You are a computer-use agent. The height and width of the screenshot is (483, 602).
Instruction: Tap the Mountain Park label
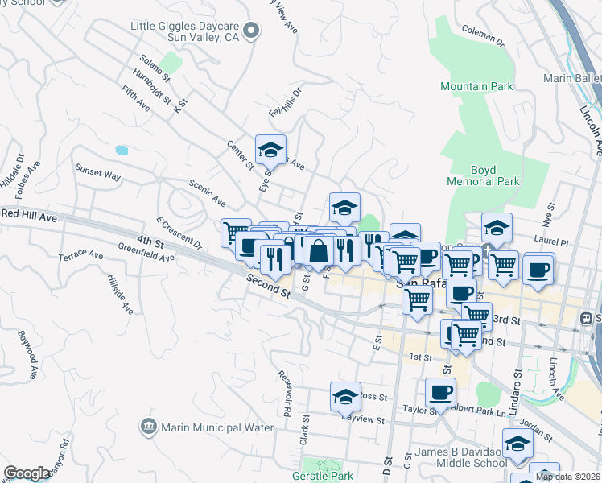[x=476, y=86]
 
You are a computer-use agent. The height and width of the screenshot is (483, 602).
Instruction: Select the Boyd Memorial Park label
[x=484, y=175]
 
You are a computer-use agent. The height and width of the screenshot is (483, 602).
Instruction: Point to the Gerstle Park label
[x=328, y=476]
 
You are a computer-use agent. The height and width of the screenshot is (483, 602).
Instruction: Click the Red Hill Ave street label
[x=30, y=217]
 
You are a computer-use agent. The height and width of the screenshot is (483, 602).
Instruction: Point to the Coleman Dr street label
[x=482, y=35]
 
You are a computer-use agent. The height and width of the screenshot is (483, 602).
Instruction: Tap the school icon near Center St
[x=271, y=149]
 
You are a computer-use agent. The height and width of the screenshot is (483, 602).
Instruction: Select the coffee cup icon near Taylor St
[x=440, y=392]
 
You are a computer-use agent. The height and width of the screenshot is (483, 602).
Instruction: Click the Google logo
[x=27, y=473]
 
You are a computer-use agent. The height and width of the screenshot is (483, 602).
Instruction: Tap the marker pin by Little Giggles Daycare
[x=252, y=31]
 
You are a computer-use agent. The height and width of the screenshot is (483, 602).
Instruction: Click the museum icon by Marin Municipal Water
[x=147, y=426]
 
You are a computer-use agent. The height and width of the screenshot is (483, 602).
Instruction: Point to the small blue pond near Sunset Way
[x=122, y=150]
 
